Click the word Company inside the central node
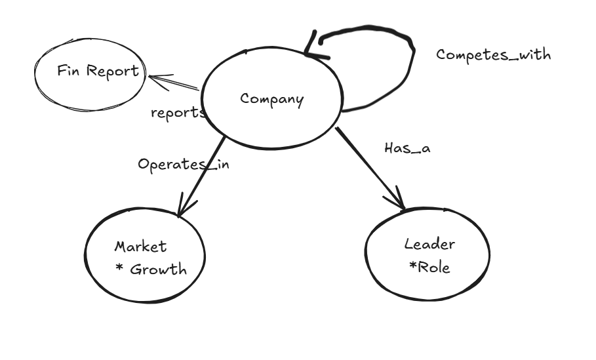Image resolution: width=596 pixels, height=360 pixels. click(x=271, y=100)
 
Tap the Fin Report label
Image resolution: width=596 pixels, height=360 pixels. click(x=98, y=71)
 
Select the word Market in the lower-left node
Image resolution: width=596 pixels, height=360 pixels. click(x=140, y=247)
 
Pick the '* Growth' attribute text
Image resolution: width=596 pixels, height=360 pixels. click(x=151, y=269)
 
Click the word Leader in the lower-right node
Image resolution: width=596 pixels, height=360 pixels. click(x=429, y=245)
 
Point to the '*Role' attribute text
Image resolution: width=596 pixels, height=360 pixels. click(x=429, y=267)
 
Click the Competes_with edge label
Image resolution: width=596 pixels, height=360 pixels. click(x=493, y=54)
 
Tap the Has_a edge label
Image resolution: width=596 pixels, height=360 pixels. click(x=407, y=148)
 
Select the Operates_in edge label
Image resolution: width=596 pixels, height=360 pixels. click(x=183, y=164)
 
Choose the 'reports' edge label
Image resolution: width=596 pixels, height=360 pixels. click(x=178, y=112)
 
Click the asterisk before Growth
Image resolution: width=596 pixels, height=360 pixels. click(x=119, y=268)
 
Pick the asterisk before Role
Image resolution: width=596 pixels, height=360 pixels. click(x=412, y=266)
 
